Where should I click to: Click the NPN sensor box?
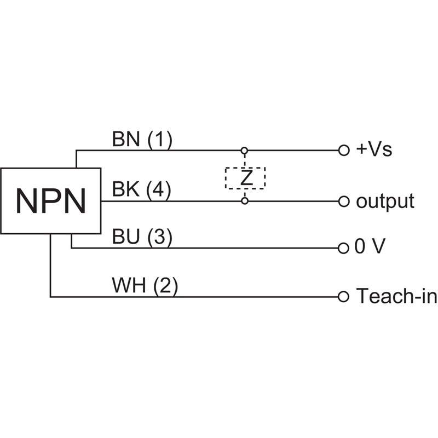tap(51, 201)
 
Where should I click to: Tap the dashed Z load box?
tap(245, 178)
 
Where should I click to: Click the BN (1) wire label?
tap(142, 140)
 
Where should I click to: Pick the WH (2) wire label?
tap(145, 286)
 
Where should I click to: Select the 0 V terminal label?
tap(370, 247)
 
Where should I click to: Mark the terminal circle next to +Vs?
tap(344, 150)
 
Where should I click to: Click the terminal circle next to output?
tap(344, 201)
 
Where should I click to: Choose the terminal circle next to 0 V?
tap(344, 248)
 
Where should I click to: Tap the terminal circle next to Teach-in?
tap(344, 297)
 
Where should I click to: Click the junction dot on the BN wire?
tap(245, 150)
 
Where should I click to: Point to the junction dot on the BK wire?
tap(245, 201)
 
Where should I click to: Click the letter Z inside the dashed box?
tap(245, 178)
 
